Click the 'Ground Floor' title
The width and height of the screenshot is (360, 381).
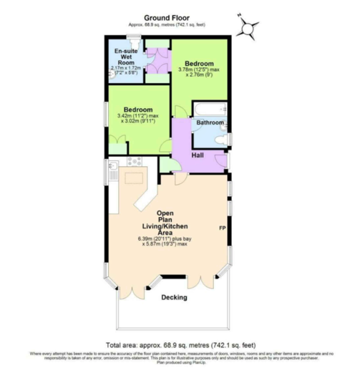(x=166, y=16)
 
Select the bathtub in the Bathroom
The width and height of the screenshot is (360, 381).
(x=210, y=110)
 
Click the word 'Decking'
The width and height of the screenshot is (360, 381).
(x=174, y=297)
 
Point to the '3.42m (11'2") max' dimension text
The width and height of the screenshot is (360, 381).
(x=138, y=116)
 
